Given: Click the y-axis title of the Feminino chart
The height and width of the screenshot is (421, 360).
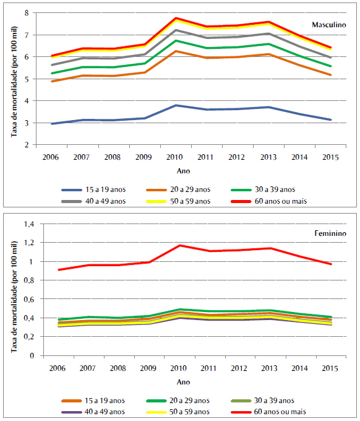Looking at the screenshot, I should (14, 289).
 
